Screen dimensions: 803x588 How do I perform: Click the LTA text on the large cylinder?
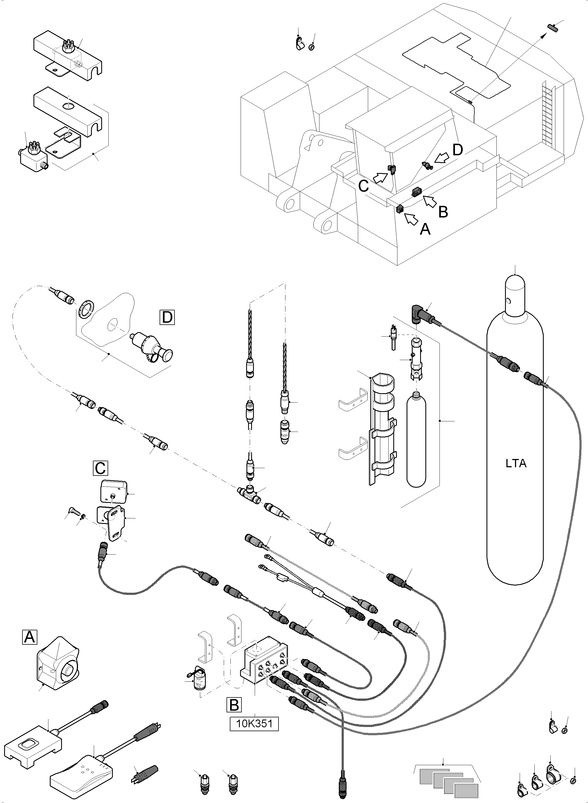point(516,464)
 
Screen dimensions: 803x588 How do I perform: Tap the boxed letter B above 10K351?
point(234,705)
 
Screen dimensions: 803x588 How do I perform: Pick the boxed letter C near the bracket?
point(100,468)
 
